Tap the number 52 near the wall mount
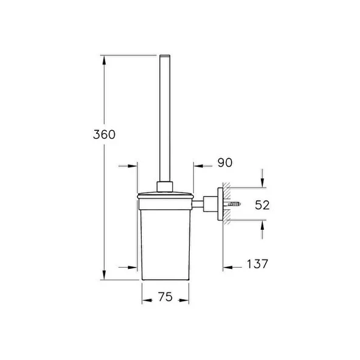coord(262,205)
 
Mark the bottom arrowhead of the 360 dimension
coord(105,277)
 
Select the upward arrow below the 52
coord(262,226)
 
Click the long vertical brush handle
coord(164,116)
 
